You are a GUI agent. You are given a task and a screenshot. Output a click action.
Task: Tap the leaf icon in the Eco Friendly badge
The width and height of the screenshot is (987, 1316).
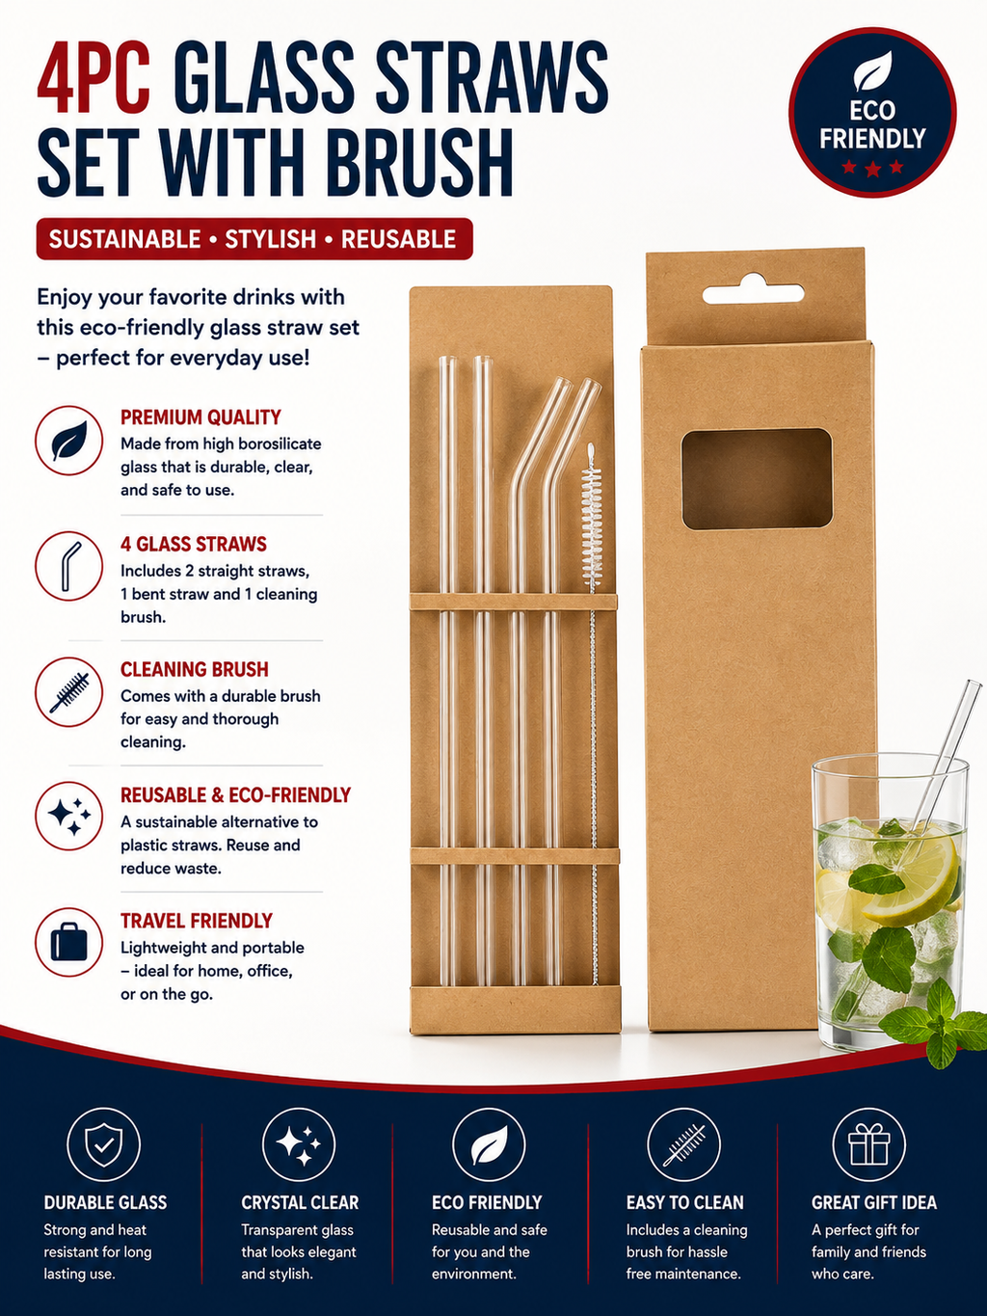872,70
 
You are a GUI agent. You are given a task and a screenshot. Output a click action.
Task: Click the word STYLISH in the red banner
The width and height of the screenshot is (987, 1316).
270,239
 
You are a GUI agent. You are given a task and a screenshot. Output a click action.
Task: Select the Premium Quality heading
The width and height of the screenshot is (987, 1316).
200,417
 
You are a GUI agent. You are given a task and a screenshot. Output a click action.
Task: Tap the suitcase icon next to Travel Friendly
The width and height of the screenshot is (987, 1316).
68,942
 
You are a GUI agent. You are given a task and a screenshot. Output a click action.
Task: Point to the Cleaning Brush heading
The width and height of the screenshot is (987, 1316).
194,669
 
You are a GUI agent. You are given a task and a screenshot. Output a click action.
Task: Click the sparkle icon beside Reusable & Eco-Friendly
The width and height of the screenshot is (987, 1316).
68,816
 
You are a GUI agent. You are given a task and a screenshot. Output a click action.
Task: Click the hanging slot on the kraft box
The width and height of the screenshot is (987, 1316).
754,292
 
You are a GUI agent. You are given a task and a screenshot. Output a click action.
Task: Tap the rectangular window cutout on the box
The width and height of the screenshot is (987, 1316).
757,479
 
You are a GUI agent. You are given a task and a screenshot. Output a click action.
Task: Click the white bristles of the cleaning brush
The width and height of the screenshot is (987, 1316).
592,519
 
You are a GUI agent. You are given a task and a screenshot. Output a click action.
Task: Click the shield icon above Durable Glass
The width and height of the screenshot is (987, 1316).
104,1144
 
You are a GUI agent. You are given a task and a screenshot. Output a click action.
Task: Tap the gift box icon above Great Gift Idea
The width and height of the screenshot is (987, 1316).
869,1144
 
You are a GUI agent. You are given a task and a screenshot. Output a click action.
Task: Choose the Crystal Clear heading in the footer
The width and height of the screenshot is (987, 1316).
300,1202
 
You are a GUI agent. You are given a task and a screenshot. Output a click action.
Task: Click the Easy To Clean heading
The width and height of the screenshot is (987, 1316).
685,1202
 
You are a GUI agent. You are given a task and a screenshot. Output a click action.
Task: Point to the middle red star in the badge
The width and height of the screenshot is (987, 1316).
872,168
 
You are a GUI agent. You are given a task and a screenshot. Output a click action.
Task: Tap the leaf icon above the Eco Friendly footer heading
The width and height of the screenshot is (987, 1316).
489,1145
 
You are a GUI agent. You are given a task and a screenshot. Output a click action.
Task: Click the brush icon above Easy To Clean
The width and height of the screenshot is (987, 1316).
683,1145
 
